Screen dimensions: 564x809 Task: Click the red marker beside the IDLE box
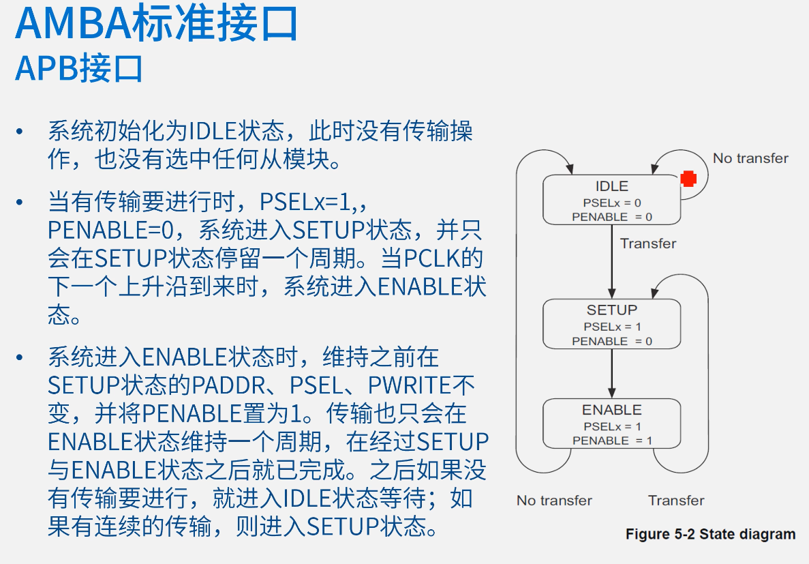click(x=688, y=179)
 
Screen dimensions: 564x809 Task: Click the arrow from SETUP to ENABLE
click(x=611, y=374)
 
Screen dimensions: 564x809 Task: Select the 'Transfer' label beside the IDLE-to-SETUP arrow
click(x=648, y=243)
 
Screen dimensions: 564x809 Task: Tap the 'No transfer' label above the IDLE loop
click(x=750, y=158)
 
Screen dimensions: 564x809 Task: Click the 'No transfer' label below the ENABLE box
click(x=554, y=501)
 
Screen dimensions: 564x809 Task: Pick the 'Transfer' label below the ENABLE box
click(x=676, y=501)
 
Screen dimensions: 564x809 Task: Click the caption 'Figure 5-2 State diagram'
click(x=710, y=534)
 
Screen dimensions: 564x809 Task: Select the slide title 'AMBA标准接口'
click(x=157, y=24)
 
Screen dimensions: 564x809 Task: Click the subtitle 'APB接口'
click(x=79, y=68)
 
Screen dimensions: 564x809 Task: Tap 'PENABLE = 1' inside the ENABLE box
click(x=612, y=441)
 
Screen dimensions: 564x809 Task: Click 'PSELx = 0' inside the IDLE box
click(x=612, y=203)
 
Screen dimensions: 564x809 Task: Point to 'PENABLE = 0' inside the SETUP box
click(x=612, y=341)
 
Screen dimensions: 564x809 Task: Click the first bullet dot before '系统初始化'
click(x=20, y=131)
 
